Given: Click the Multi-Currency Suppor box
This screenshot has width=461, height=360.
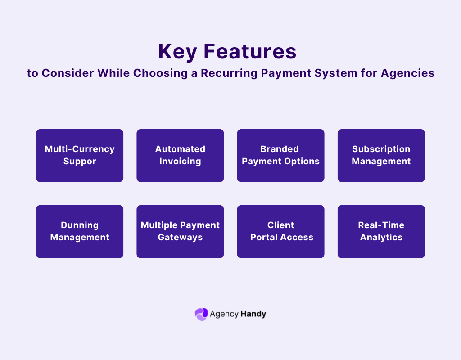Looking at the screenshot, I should click(x=80, y=155).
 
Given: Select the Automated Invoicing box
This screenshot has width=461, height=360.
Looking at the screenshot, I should click(x=180, y=155).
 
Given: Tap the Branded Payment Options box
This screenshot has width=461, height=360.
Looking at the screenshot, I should click(x=280, y=155).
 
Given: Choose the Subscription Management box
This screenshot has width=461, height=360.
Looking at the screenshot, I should click(x=381, y=155).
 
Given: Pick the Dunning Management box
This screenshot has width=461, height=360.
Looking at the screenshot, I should click(x=80, y=231).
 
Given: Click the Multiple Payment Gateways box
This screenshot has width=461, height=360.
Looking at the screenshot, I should click(x=180, y=231).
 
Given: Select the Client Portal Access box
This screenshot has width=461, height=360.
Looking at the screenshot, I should click(x=280, y=231).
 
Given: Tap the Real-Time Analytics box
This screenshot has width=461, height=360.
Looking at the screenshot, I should click(x=381, y=231).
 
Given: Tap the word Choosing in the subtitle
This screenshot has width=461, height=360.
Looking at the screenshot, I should click(x=162, y=73).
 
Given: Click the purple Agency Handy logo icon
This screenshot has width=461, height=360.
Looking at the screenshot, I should click(x=201, y=314).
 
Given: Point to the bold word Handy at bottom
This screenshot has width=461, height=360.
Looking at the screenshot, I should click(x=253, y=314).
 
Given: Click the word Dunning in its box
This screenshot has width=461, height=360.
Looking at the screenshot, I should click(x=80, y=225).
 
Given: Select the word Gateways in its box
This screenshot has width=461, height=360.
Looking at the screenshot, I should click(x=180, y=238).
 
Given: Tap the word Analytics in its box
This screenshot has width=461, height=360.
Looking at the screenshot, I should click(x=381, y=238).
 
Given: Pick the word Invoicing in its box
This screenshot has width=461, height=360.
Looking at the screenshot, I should click(x=180, y=162).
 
